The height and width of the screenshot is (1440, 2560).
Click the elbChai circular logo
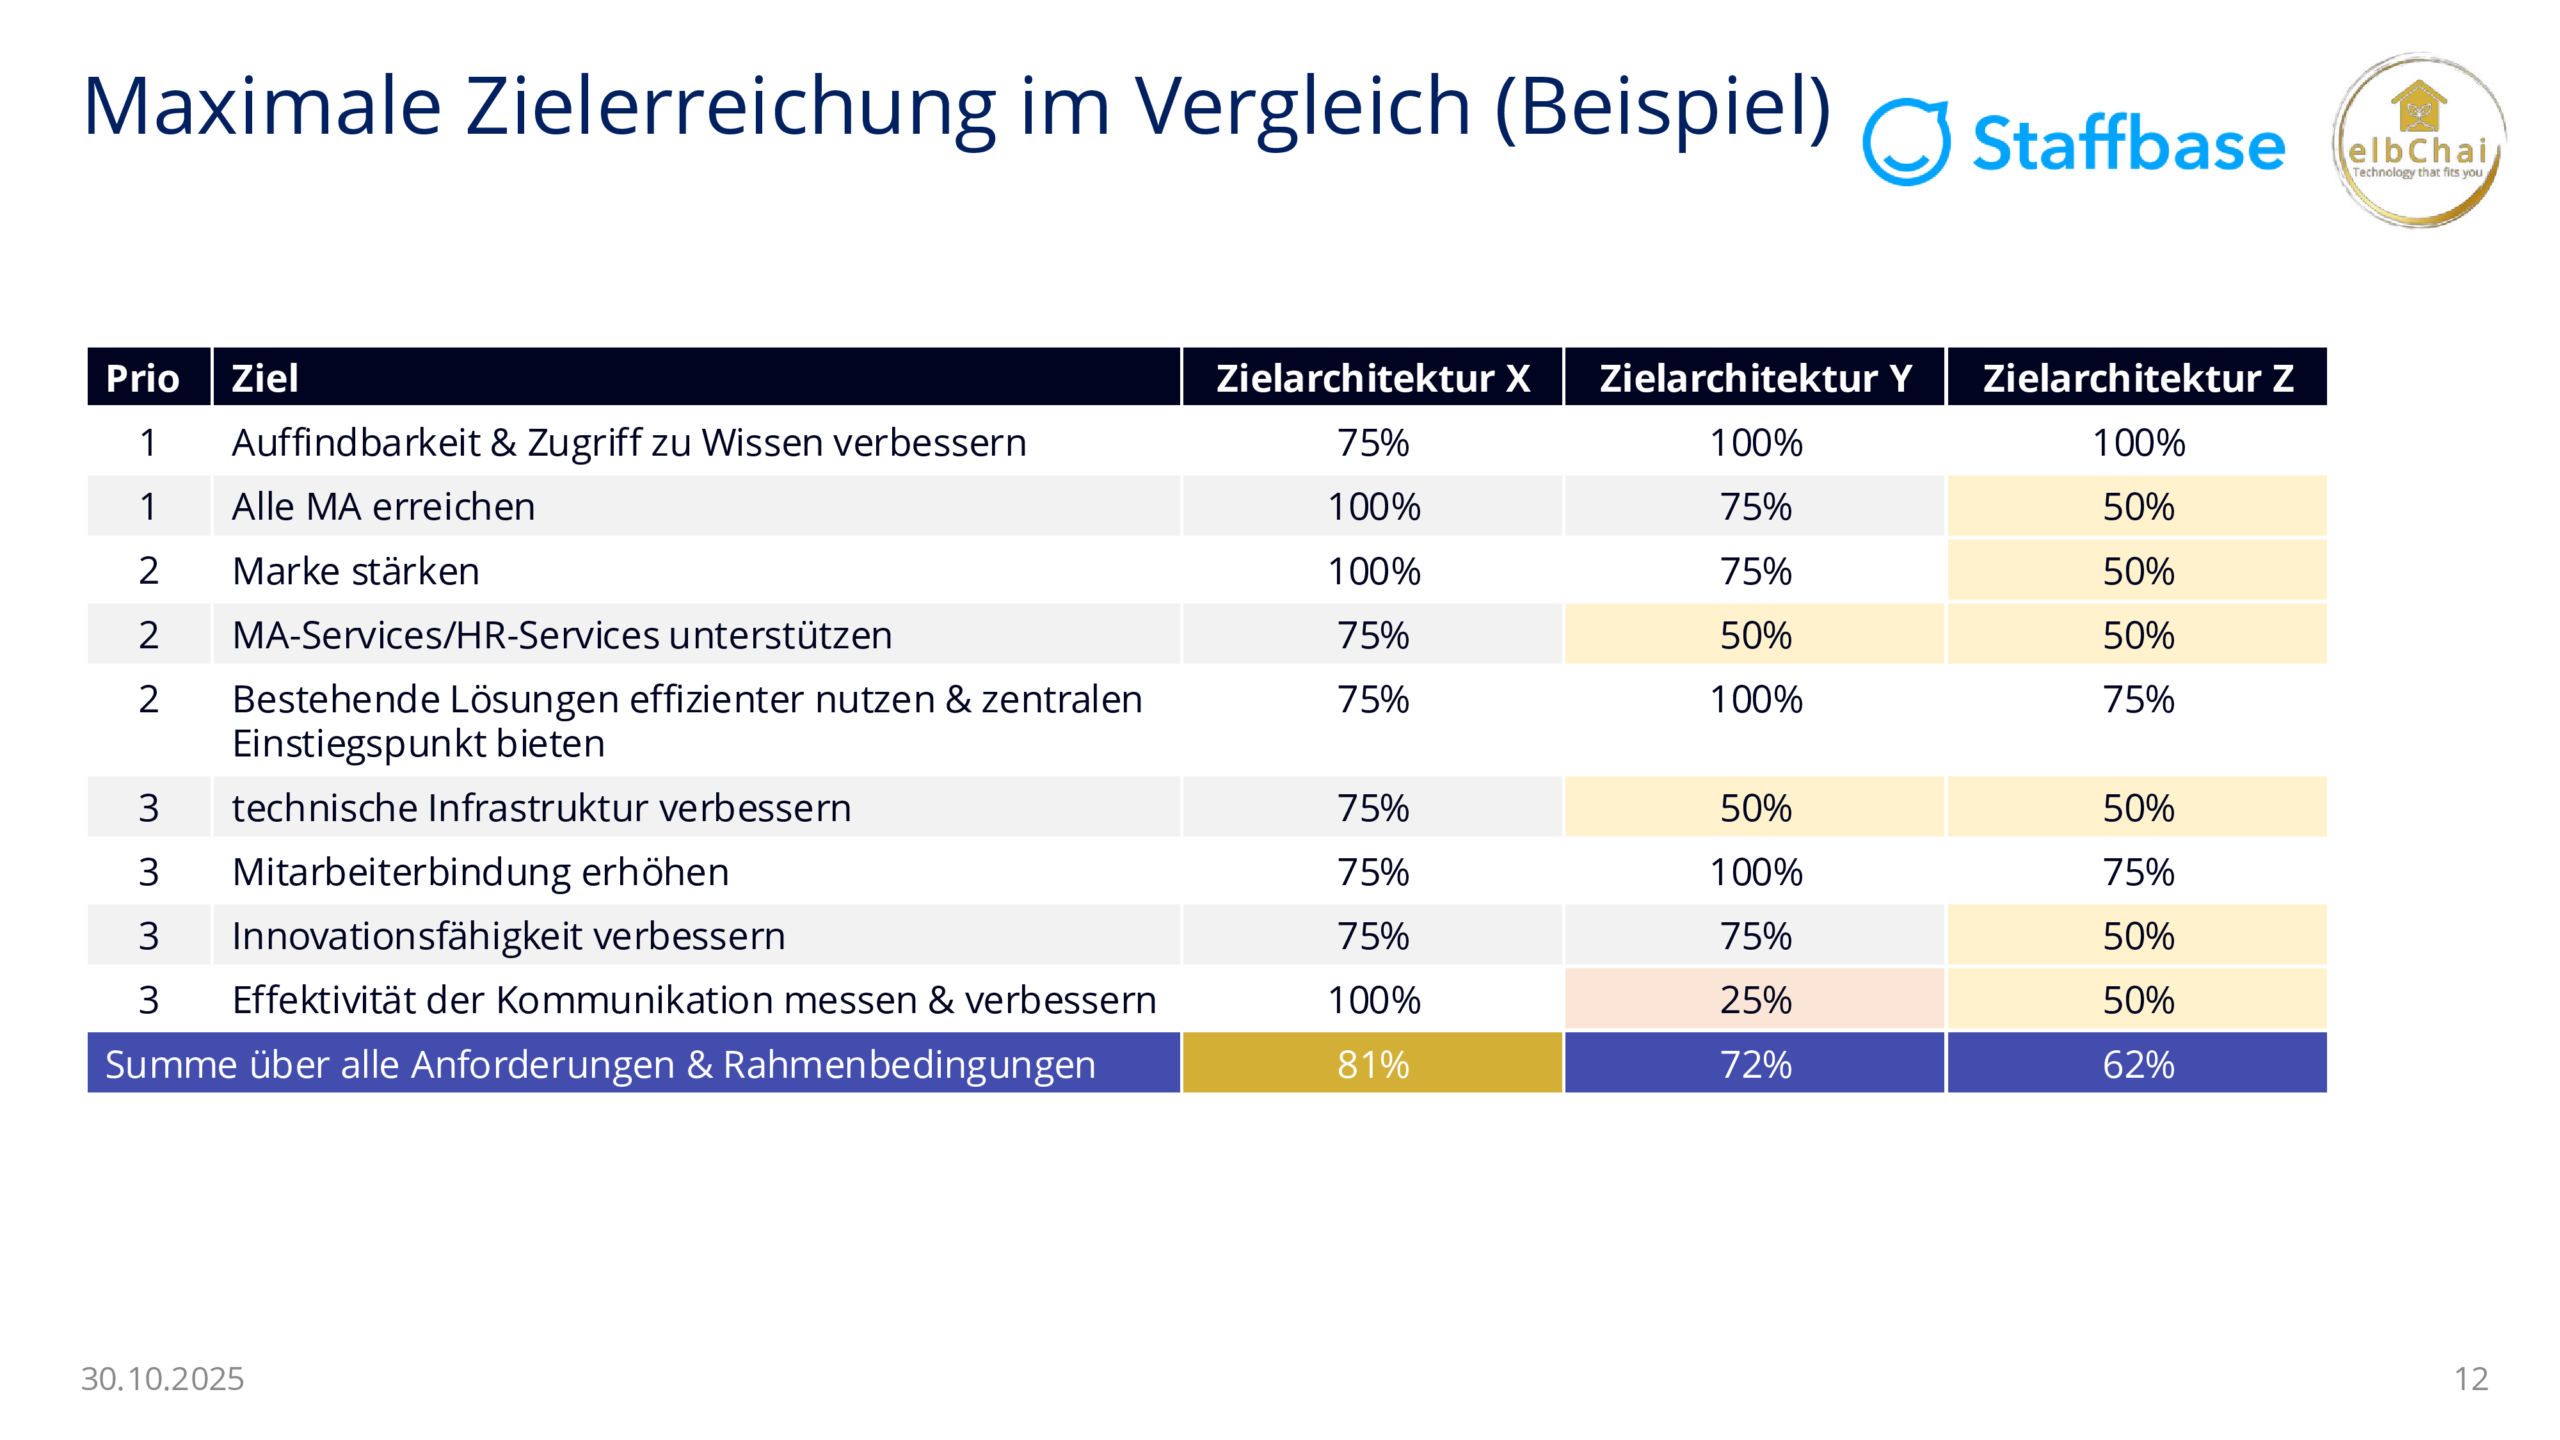[x=2419, y=141]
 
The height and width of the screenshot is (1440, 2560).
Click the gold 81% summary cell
[x=1372, y=1064]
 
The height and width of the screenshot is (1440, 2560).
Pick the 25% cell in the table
[x=1755, y=1000]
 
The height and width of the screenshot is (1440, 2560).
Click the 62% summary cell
[x=2138, y=1064]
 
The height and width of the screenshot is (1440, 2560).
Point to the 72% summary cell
[x=1755, y=1064]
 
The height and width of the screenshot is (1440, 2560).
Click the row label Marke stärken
[x=356, y=572]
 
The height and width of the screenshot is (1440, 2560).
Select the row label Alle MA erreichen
[x=383, y=507]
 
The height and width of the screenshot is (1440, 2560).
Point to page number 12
[x=2470, y=1379]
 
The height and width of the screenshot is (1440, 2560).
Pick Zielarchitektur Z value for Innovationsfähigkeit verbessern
[x=2138, y=936]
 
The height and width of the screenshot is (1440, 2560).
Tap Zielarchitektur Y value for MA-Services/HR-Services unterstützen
[x=1755, y=635]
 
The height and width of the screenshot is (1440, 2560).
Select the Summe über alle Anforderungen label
[x=600, y=1064]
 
